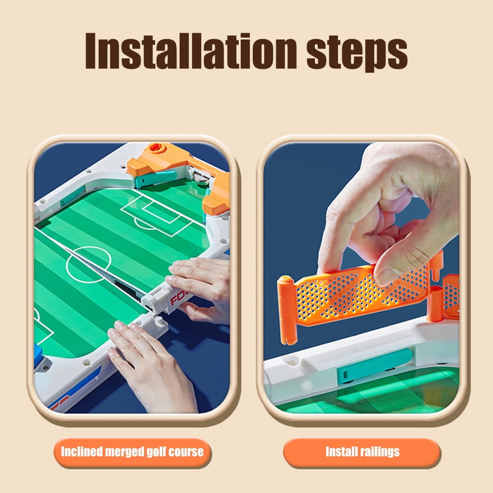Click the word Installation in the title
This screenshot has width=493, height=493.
coord(191,51)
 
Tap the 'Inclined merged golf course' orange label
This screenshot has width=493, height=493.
coord(132,452)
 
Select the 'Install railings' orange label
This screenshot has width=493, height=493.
coord(362,452)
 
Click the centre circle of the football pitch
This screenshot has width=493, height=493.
coord(89,264)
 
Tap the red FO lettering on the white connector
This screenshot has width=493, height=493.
coord(178,298)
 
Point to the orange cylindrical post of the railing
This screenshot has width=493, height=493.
coord(287,310)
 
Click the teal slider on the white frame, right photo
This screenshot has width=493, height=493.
coord(375,365)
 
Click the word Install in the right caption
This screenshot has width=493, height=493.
coord(341,452)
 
